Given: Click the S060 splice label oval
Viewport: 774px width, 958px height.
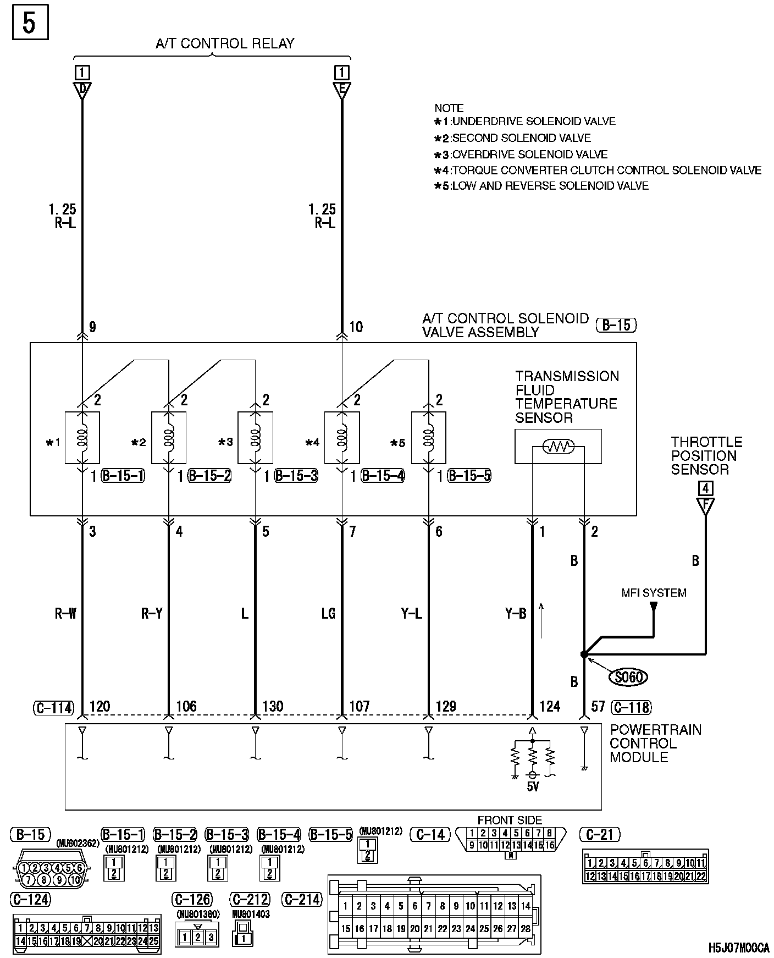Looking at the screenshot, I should click(628, 676).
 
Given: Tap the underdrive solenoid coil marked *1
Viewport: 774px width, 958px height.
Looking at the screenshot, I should click(82, 437).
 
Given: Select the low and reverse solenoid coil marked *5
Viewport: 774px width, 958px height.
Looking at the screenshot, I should click(428, 437).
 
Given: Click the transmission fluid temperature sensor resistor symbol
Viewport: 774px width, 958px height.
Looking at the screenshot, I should click(558, 446).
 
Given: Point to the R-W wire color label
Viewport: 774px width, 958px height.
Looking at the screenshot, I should click(65, 613).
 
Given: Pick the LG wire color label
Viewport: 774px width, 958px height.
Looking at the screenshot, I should click(328, 613).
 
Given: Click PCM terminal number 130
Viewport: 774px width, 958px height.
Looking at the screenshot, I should click(273, 706).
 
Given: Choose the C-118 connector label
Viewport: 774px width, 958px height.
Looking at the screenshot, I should click(631, 707).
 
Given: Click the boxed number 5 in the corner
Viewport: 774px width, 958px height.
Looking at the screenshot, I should click(30, 22).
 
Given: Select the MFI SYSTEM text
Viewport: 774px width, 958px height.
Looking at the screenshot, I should click(654, 593).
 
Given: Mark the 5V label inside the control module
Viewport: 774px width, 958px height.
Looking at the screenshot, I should click(532, 786).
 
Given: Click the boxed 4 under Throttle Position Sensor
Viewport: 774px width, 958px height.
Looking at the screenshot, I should click(705, 488).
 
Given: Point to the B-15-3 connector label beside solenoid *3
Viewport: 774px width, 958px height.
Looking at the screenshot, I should click(296, 476).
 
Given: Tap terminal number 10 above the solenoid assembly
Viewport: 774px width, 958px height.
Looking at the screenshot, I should click(356, 327).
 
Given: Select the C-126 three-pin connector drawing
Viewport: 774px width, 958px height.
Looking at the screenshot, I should click(197, 937).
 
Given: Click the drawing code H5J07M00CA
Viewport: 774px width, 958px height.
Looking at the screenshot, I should click(738, 948).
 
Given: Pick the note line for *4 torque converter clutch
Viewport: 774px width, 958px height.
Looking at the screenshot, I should click(598, 170).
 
